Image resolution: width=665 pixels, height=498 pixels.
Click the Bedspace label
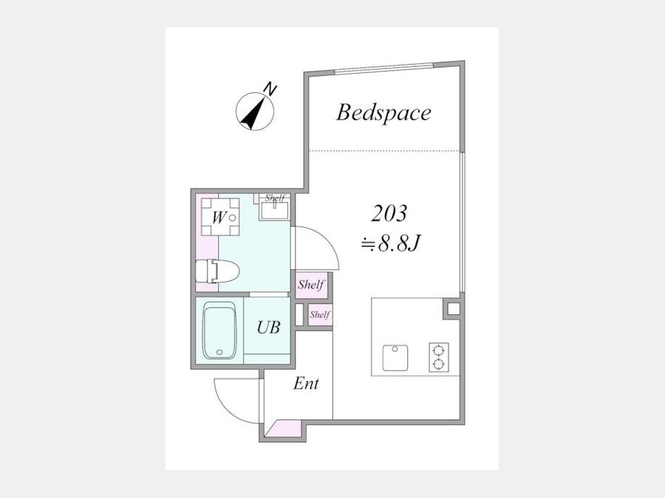pyautogui.click(x=383, y=113)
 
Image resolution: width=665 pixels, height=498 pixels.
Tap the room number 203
pyautogui.click(x=389, y=213)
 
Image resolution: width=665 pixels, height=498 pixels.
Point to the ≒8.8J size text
pyautogui.click(x=390, y=244)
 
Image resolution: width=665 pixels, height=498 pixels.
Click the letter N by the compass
pyautogui.click(x=270, y=89)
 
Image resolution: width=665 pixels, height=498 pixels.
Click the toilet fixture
pyautogui.click(x=217, y=271)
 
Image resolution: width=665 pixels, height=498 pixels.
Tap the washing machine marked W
pyautogui.click(x=220, y=216)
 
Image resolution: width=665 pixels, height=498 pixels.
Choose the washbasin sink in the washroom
pyautogui.click(x=274, y=210)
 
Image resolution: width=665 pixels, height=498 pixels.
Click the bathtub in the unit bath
pyautogui.click(x=219, y=331)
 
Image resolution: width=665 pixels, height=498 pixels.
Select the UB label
pyautogui.click(x=268, y=327)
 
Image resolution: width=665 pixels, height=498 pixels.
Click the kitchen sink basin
pyautogui.click(x=395, y=358)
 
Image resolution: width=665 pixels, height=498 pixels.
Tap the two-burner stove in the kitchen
pyautogui.click(x=438, y=357)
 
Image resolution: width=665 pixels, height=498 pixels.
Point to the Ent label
pyautogui.click(x=306, y=384)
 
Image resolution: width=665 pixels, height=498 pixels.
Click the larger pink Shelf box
pyautogui.click(x=311, y=285)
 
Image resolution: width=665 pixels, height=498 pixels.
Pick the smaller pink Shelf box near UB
pyautogui.click(x=320, y=314)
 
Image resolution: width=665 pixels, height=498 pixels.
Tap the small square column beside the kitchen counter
pyautogui.click(x=454, y=308)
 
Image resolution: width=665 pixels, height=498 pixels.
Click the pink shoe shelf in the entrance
pyautogui.click(x=282, y=429)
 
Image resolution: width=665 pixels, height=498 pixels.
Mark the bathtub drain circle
pyautogui.click(x=219, y=352)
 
